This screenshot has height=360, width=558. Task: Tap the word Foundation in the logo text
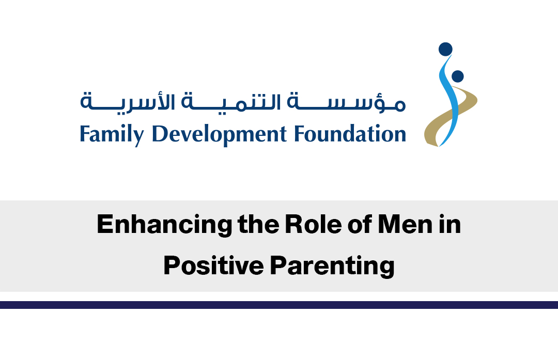tap(350, 134)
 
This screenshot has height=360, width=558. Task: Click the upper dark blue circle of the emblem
tap(445, 49)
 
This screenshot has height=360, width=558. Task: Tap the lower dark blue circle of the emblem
tap(457, 76)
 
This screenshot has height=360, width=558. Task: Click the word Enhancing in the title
tap(164, 225)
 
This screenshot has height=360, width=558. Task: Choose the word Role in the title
tap(313, 225)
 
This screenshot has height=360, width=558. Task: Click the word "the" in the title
tap(258, 225)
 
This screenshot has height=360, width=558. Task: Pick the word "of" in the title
tap(360, 225)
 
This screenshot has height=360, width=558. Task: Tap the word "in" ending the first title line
tap(450, 225)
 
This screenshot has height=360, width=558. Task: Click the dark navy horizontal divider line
tap(279, 305)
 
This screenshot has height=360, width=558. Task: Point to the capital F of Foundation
tap(300, 134)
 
